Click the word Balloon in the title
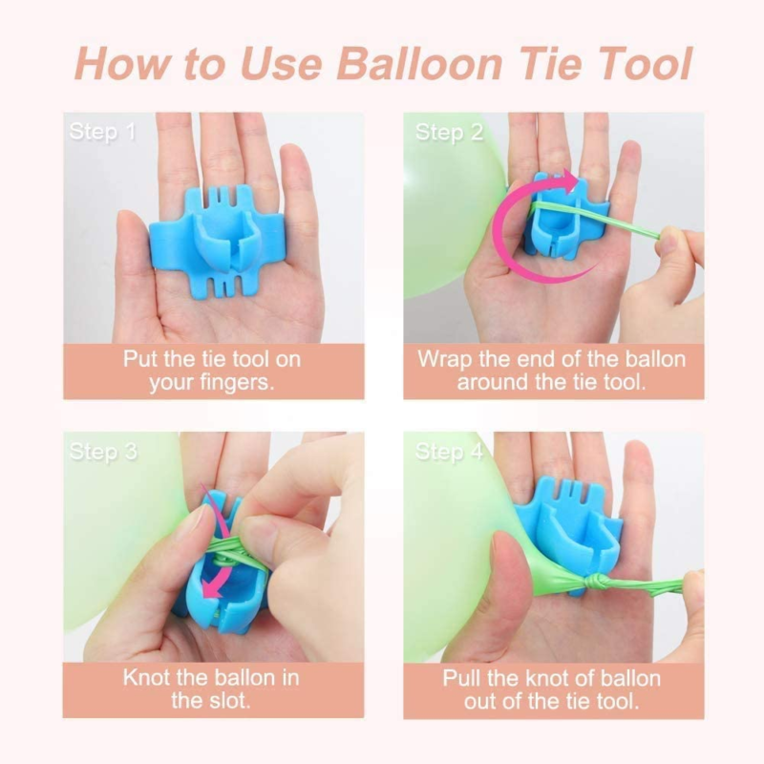point(419,64)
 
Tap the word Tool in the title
point(646,64)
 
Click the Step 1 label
point(102,132)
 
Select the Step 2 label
point(449,133)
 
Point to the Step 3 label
point(103,452)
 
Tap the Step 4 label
point(449,452)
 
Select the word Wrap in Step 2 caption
point(445,360)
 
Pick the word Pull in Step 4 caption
point(461,678)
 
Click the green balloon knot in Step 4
point(600,582)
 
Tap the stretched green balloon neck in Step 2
point(595,221)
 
